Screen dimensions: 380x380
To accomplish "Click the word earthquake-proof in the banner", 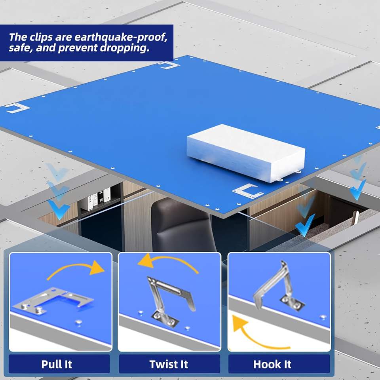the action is coord(121,37).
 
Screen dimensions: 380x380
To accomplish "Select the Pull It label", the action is coord(57,364).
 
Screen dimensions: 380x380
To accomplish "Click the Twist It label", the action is coord(169,364).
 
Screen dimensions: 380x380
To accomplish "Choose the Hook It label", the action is coord(272,364).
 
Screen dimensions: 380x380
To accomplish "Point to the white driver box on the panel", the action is coord(246,153).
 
